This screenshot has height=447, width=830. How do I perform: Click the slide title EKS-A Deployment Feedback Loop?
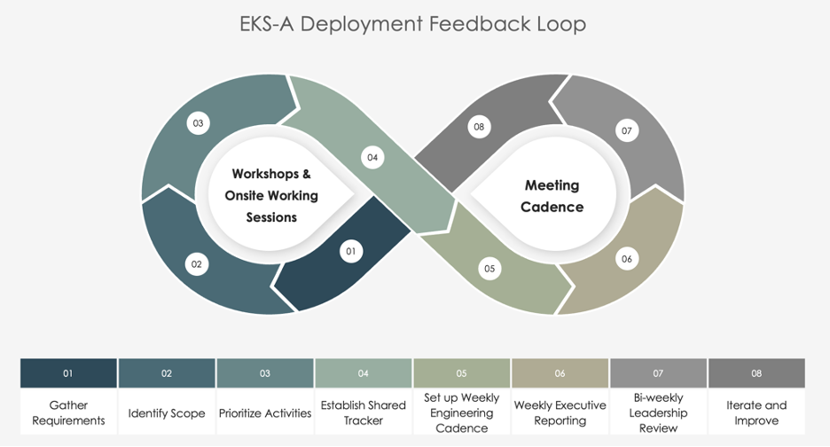[412, 24]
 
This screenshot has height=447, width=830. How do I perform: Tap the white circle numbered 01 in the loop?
[351, 252]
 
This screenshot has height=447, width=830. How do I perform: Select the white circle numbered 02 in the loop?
[197, 263]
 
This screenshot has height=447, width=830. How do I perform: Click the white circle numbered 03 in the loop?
[199, 123]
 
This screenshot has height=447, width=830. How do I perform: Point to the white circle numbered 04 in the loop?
[372, 158]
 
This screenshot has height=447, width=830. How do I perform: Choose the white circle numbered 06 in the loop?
[627, 259]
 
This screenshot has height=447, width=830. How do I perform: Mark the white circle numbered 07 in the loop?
[627, 131]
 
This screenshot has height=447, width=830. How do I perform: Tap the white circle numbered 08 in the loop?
[479, 127]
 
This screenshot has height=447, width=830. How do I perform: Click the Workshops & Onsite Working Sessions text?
[271, 195]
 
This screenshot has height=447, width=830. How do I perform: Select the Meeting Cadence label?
[552, 196]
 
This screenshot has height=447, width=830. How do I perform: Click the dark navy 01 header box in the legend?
[68, 373]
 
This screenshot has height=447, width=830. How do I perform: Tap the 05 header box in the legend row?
[461, 373]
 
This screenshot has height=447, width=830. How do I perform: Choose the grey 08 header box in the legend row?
[756, 373]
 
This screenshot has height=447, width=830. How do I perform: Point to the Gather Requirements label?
[68, 412]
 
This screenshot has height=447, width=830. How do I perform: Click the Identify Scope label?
[167, 413]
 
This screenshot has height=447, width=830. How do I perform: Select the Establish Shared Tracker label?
[363, 412]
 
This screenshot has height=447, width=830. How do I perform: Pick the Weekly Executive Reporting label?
[560, 412]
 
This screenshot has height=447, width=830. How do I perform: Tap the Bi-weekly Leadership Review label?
[658, 413]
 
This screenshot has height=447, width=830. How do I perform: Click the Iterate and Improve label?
[756, 412]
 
